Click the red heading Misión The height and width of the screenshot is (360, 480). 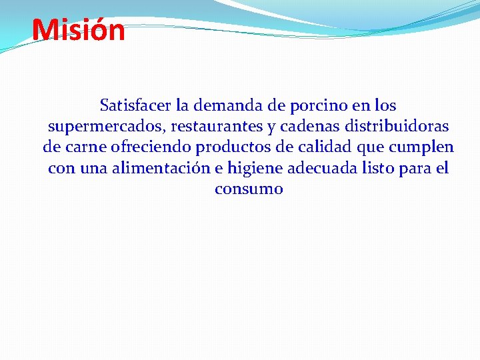78,30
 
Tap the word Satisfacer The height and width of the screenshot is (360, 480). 135,105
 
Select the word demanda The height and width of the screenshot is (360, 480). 225,105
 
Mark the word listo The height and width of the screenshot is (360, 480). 376,169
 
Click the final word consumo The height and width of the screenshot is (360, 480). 249,189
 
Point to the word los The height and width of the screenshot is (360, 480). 385,105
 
